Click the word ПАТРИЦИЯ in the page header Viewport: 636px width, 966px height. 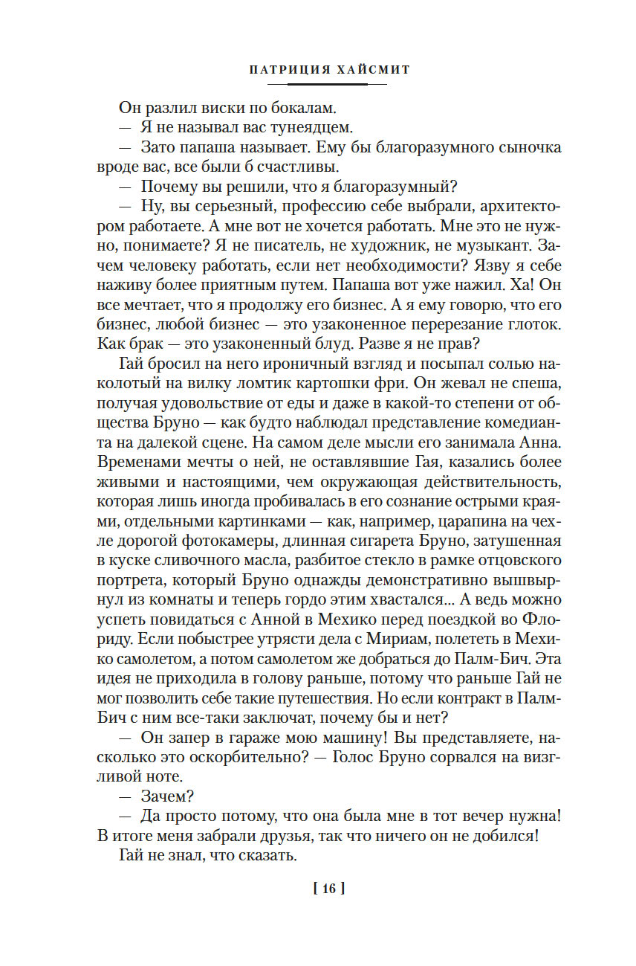coord(281,70)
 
